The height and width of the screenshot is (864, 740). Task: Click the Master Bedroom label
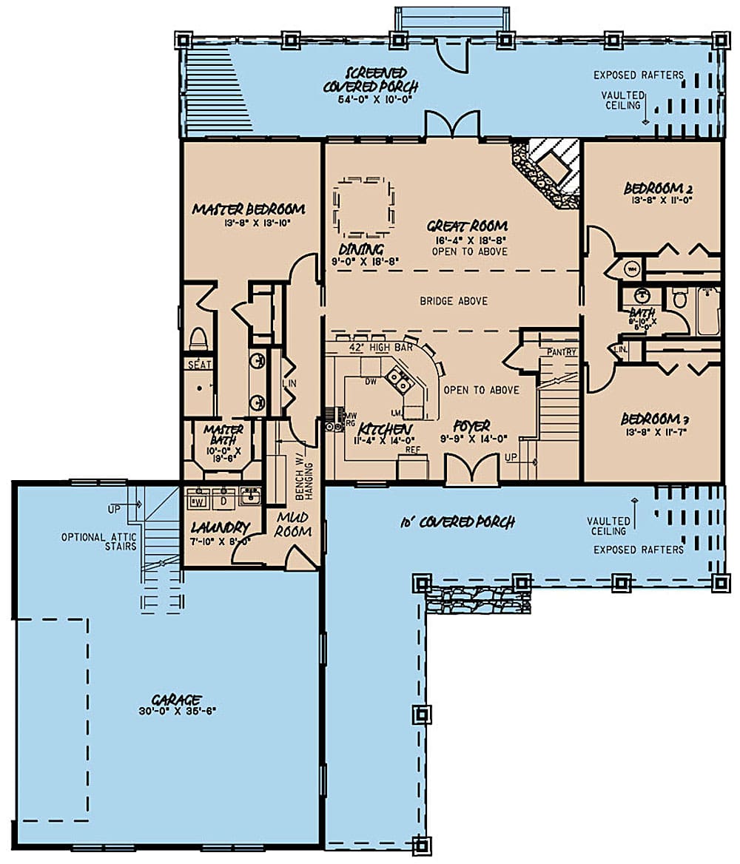(248, 209)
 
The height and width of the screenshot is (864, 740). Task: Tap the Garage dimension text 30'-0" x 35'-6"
(178, 711)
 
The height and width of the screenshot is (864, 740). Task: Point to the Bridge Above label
(453, 301)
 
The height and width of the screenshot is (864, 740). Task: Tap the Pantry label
(561, 352)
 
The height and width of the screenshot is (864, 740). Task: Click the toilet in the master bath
(198, 339)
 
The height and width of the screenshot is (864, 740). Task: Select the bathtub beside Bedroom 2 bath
(707, 311)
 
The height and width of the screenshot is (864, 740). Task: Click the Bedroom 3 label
(652, 418)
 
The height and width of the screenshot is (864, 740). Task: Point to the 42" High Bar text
(368, 345)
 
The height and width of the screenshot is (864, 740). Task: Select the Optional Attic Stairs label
(99, 541)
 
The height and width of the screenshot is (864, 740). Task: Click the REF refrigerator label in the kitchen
(413, 448)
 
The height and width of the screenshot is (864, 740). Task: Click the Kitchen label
(385, 429)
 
